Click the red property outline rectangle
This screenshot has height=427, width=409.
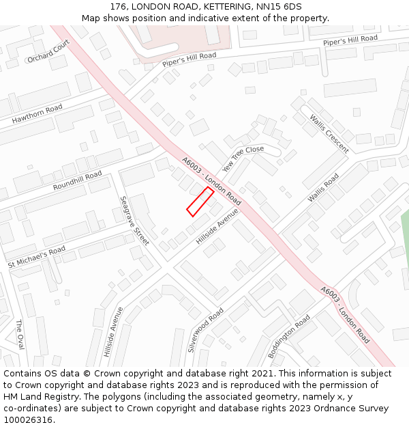(x=200, y=202)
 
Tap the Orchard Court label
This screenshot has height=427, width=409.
(x=48, y=51)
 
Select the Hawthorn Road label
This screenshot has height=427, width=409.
(x=37, y=113)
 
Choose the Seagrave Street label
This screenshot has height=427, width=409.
(x=134, y=221)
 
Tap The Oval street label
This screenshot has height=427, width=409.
(x=20, y=334)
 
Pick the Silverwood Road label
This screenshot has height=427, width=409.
(x=206, y=329)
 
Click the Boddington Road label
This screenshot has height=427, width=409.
(x=289, y=336)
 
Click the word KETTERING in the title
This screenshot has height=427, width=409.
(x=217, y=6)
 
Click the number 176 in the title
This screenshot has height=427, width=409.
(x=118, y=6)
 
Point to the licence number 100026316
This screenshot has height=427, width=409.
(x=28, y=419)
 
